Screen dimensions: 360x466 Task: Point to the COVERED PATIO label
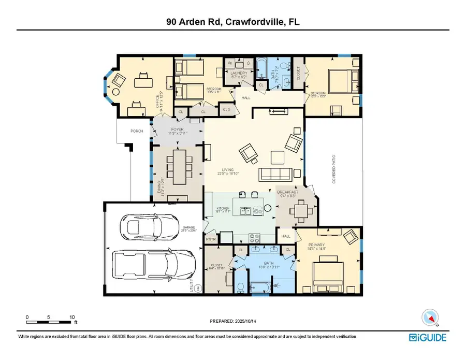click(333, 171)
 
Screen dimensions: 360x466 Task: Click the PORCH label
click(122, 131)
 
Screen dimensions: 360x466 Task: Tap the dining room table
click(176, 166)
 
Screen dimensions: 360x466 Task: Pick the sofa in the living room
click(276, 174)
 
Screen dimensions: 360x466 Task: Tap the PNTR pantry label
click(211, 239)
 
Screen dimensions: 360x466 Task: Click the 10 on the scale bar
click(72, 317)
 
